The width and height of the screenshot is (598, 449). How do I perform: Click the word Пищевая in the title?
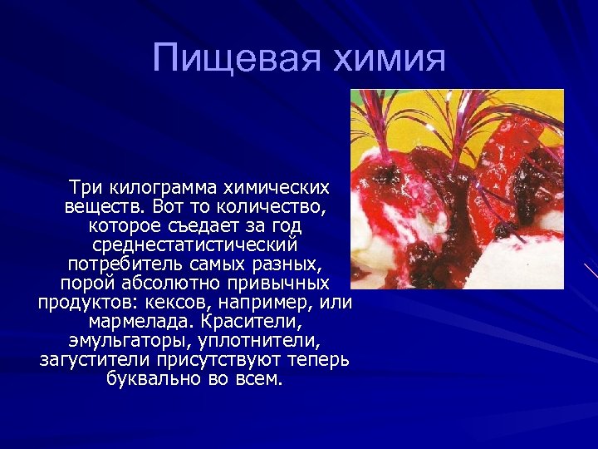228,58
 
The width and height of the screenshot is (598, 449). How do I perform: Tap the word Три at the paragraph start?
86,187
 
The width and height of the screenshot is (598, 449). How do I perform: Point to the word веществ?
96,206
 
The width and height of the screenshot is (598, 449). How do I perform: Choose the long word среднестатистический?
195,245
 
